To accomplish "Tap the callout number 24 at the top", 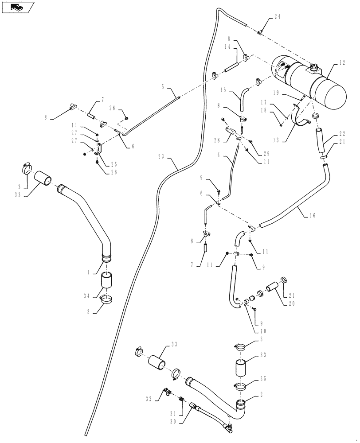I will click(x=278, y=18).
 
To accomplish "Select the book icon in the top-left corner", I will click(x=17, y=7).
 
